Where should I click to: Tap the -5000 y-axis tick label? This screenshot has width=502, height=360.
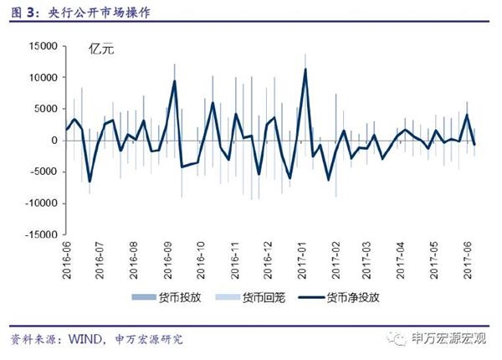[41, 172]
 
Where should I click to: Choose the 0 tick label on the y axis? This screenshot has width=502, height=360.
[52, 141]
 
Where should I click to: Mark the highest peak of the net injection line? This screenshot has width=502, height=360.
[306, 69]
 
